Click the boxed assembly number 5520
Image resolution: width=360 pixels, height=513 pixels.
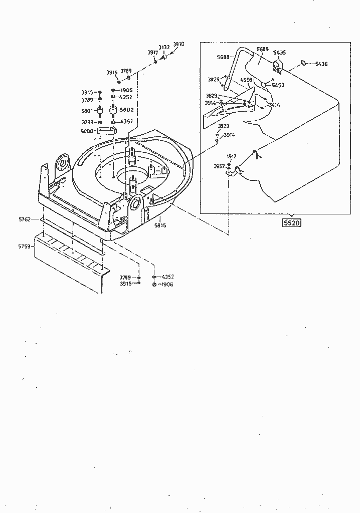pos(291,223)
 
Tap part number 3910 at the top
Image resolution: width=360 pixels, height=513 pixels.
pos(178,44)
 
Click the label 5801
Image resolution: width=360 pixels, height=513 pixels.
pos(87,111)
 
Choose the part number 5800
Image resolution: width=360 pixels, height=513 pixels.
pos(87,131)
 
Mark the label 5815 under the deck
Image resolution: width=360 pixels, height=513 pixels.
pos(160,225)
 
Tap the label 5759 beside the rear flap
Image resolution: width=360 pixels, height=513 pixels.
pos(25,246)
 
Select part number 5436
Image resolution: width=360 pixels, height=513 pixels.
pos(321,64)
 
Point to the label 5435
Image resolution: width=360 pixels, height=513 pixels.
pos(279,52)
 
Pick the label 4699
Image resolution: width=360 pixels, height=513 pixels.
pos(246,80)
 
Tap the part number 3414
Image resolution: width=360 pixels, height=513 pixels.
pos(274,105)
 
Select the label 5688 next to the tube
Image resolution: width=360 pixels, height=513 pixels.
pos(223,58)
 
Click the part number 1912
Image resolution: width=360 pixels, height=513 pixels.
pos(231,156)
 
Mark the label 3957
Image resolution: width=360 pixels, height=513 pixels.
pos(220,166)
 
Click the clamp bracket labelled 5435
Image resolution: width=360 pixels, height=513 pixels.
pos(277,66)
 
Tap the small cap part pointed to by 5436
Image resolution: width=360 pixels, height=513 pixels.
pos(303,63)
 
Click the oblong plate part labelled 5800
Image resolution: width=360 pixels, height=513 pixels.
pos(107,131)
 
